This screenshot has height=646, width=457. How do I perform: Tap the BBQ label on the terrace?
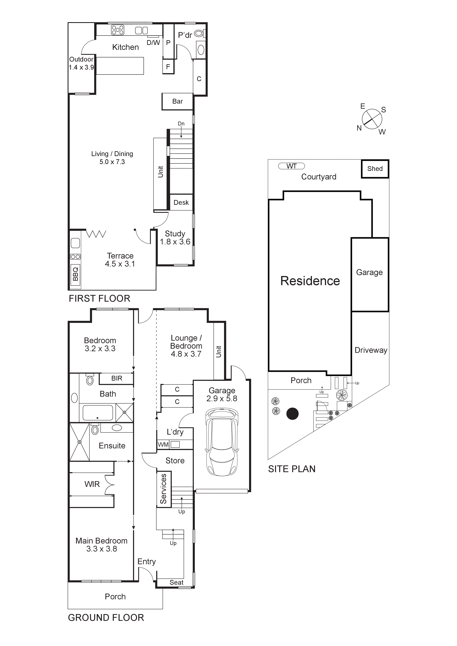pos(75,274)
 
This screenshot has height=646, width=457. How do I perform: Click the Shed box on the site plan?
pos(375,169)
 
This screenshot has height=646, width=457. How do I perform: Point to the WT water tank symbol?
pos(291,166)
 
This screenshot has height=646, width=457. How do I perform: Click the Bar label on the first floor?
pos(177,101)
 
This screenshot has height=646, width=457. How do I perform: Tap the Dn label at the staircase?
pos(181,123)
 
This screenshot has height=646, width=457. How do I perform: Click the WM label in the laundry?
pos(163,445)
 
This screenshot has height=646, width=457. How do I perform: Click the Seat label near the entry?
pos(177,582)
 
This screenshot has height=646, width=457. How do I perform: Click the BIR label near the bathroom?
pos(116,378)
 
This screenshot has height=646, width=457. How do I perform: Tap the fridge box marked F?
pos(168,67)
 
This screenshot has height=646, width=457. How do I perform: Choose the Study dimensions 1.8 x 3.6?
pos(175,242)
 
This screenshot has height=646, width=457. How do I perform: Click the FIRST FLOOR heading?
pos(99,298)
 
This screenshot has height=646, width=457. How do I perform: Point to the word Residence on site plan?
pos(310,281)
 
